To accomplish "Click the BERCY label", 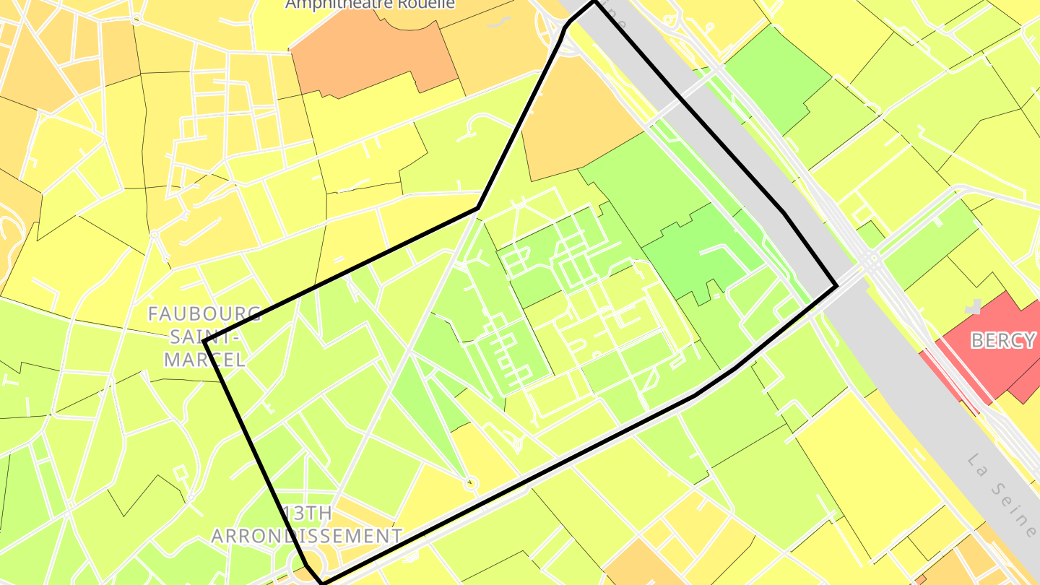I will pyautogui.click(x=1002, y=341).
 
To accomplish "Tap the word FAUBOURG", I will pyautogui.click(x=204, y=314).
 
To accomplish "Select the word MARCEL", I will pyautogui.click(x=204, y=359).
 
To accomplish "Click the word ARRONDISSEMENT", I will pyautogui.click(x=307, y=536).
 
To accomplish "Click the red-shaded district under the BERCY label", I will pyautogui.click(x=989, y=368).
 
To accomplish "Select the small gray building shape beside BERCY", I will pyautogui.click(x=976, y=307).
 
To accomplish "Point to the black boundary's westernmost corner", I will pyautogui.click(x=205, y=341).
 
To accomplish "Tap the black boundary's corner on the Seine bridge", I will pyautogui.click(x=836, y=287).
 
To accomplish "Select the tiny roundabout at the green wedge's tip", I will pyautogui.click(x=471, y=483).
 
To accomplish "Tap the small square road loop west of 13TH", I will pyautogui.click(x=181, y=473).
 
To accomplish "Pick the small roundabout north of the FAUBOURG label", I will pyautogui.click(x=154, y=234).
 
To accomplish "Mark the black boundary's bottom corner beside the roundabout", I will pyautogui.click(x=321, y=581).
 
